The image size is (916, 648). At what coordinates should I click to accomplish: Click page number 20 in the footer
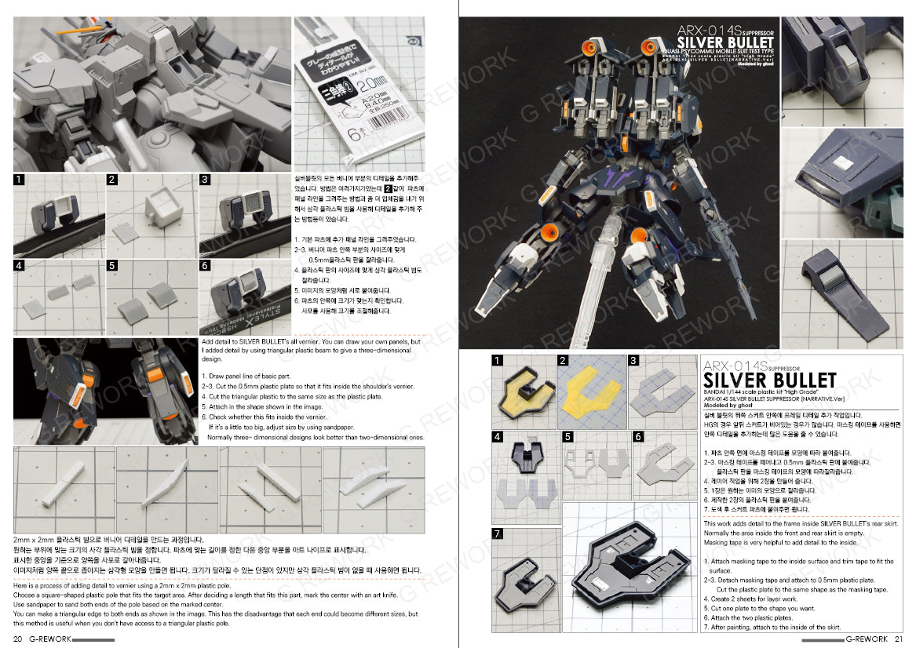(x=19, y=639)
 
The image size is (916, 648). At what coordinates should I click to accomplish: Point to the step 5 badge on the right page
(x=568, y=436)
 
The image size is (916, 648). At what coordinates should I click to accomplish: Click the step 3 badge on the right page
(x=633, y=361)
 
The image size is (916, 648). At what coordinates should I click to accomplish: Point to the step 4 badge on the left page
(x=20, y=266)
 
